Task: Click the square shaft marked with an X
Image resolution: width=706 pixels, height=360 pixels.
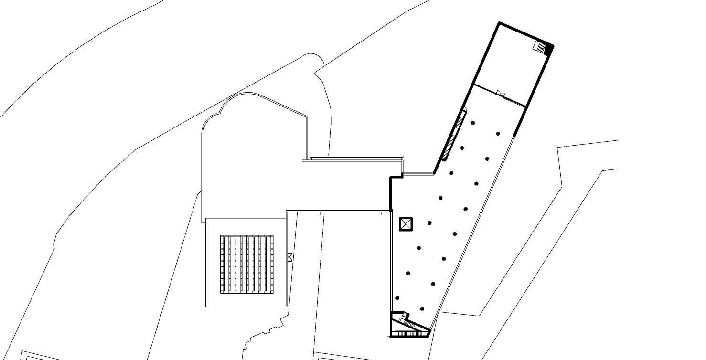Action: [406, 223]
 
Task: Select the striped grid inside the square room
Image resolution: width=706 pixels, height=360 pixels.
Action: [246, 264]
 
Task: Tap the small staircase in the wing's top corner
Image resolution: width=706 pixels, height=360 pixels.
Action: [540, 46]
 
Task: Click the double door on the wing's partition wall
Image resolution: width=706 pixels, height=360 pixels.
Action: [500, 93]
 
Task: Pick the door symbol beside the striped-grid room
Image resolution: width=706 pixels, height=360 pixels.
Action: [289, 257]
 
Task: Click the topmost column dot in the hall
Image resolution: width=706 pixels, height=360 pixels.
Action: [473, 123]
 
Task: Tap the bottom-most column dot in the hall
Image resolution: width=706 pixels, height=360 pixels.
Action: [422, 309]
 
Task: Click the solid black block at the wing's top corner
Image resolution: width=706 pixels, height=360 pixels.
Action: [550, 48]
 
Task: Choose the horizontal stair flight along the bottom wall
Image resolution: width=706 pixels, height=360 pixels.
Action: [410, 334]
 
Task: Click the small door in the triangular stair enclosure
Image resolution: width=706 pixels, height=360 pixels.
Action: [404, 316]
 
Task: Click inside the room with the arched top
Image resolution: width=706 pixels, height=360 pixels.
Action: [253, 158]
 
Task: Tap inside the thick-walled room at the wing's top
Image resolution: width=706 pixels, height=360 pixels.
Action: [513, 62]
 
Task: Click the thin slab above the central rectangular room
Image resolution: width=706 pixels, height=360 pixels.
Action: [356, 157]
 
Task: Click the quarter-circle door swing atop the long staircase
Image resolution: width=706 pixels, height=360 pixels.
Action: [464, 110]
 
